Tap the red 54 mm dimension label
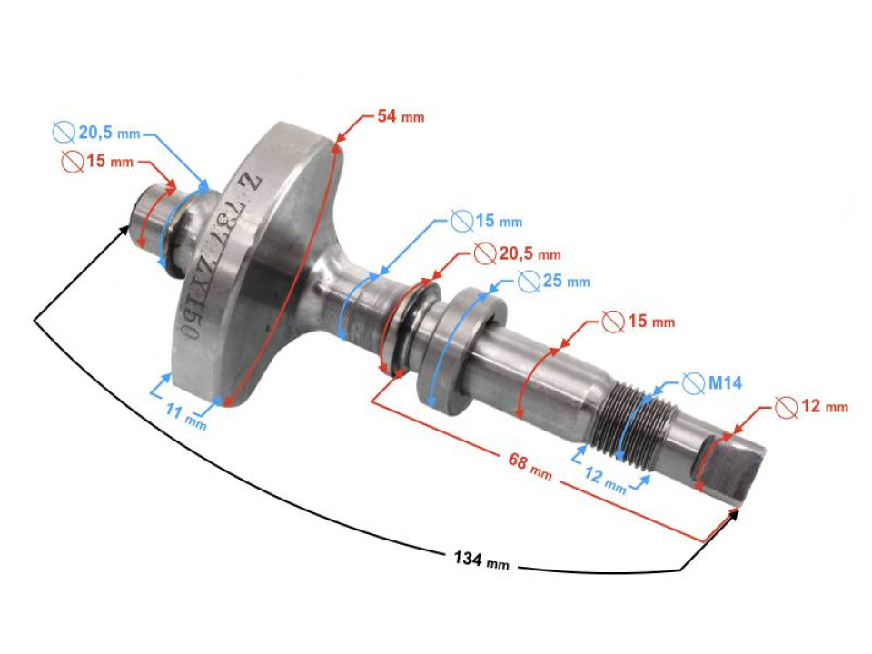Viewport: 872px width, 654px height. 401,117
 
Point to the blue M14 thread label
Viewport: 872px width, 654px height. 724,383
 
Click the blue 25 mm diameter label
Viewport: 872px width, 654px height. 566,281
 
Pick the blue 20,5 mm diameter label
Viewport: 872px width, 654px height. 109,134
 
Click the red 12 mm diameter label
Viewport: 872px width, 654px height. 823,407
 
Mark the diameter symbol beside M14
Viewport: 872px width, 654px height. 691,383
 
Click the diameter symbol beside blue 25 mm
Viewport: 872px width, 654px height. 530,281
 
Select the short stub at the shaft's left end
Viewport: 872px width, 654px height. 148,216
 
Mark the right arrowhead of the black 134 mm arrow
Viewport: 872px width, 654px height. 734,517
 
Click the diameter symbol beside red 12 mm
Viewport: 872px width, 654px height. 786,407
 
